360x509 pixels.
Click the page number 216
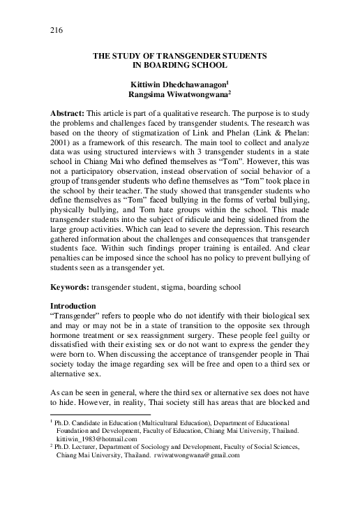[57, 31]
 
